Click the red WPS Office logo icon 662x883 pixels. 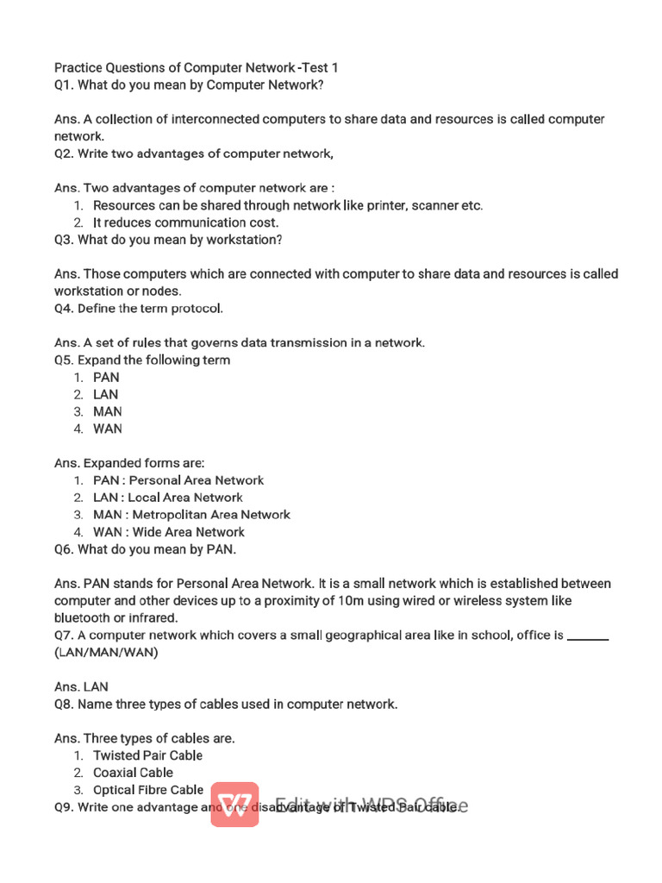[234, 805]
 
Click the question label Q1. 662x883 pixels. [65, 85]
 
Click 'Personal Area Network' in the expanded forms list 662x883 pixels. [197, 480]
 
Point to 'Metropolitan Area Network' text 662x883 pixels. [211, 515]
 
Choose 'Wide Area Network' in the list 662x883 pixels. [188, 532]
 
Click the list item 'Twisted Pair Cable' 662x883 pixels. [147, 755]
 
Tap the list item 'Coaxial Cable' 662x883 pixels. [133, 773]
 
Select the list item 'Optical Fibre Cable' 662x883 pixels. [148, 790]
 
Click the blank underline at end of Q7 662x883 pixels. [589, 637]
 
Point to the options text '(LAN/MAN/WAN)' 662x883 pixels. [106, 653]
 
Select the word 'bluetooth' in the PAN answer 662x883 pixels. [82, 618]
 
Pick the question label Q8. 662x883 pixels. [65, 705]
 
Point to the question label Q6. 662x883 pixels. [65, 549]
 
